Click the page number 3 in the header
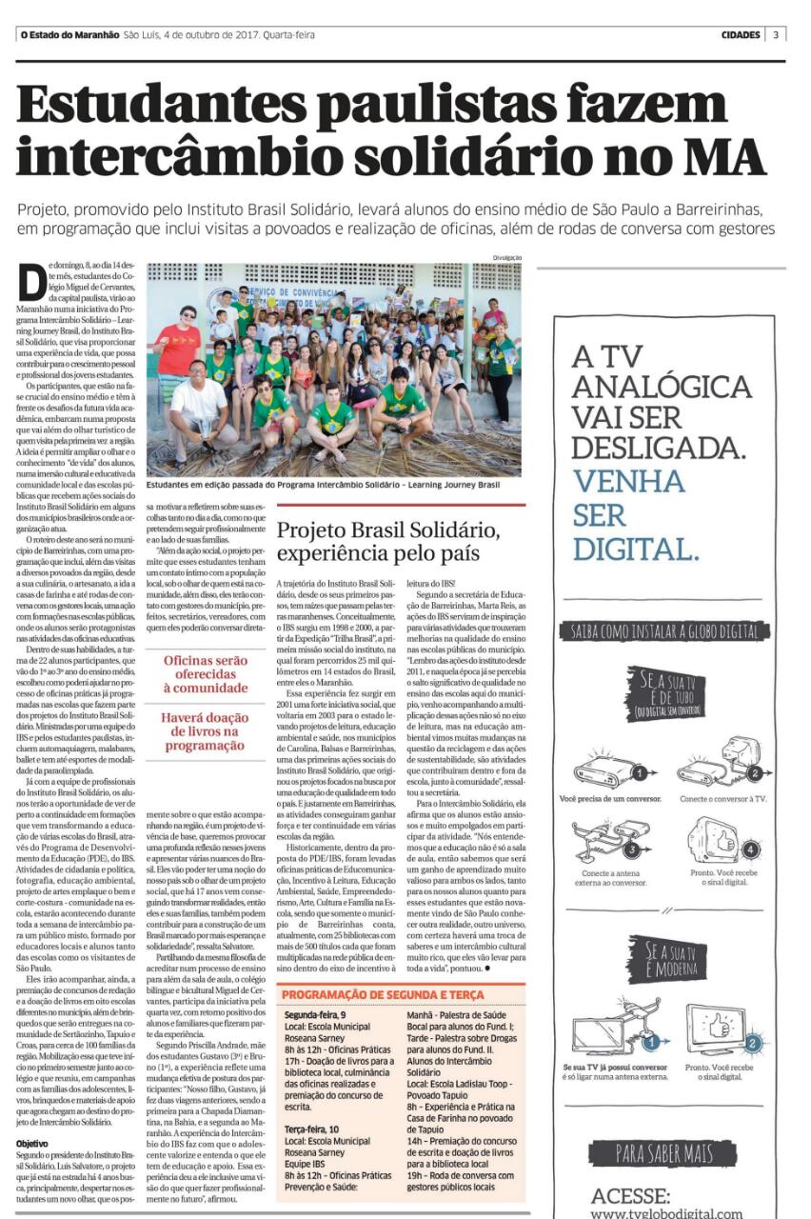[776, 35]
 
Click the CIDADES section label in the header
[740, 35]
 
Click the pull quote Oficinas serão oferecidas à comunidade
[205, 674]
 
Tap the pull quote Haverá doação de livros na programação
[205, 732]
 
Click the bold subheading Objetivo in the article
[31, 1143]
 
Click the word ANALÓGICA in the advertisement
[661, 388]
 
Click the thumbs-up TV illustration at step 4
[719, 841]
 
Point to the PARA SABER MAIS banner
[663, 1154]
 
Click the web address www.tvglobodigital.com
[666, 1212]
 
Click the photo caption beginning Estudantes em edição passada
[323, 485]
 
